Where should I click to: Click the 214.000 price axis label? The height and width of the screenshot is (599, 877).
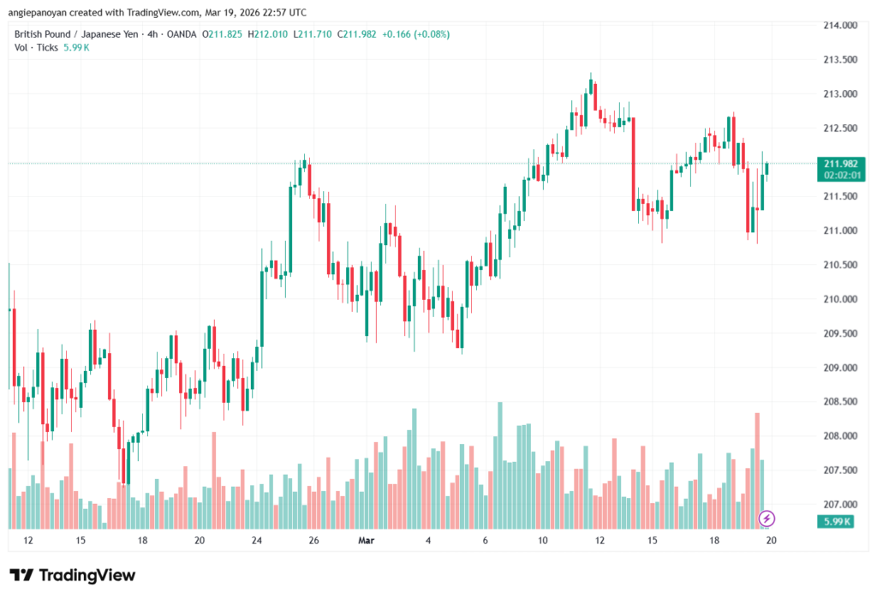839,25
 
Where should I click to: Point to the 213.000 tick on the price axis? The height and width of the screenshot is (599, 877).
839,93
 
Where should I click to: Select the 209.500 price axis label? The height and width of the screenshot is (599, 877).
839,333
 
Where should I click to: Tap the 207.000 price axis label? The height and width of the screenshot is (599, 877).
839,505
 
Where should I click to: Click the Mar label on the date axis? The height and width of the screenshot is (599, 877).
367,541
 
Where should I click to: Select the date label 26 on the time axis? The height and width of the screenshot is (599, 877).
314,541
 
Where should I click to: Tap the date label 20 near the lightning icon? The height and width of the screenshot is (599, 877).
771,541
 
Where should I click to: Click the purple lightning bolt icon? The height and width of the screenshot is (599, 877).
767,518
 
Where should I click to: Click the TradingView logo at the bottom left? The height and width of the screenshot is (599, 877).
72,575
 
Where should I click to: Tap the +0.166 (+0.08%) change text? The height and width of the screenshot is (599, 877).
415,33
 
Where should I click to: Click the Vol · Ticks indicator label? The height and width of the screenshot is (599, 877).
36,47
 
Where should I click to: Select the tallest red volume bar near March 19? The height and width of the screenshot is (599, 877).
757,470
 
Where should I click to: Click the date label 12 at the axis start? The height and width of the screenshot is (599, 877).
28,541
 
